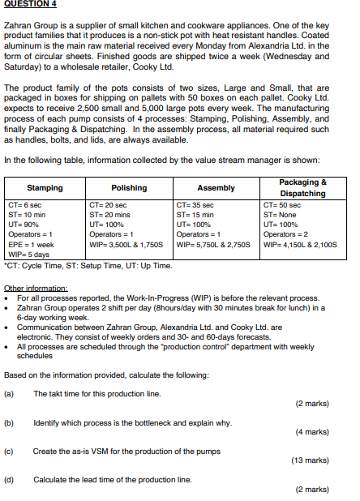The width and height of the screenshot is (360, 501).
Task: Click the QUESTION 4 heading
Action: (x=28, y=5)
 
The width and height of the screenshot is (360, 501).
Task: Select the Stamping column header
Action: (x=45, y=188)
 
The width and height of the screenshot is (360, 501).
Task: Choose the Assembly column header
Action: (x=216, y=188)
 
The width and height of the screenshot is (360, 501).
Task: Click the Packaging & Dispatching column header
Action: (x=302, y=188)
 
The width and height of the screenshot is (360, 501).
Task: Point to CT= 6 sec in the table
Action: (x=24, y=206)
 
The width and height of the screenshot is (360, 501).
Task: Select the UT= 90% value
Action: (x=24, y=224)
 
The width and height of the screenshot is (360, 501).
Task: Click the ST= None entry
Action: (x=280, y=215)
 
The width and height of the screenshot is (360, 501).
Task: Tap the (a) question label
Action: (x=10, y=393)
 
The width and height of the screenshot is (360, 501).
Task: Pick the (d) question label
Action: (x=10, y=478)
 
